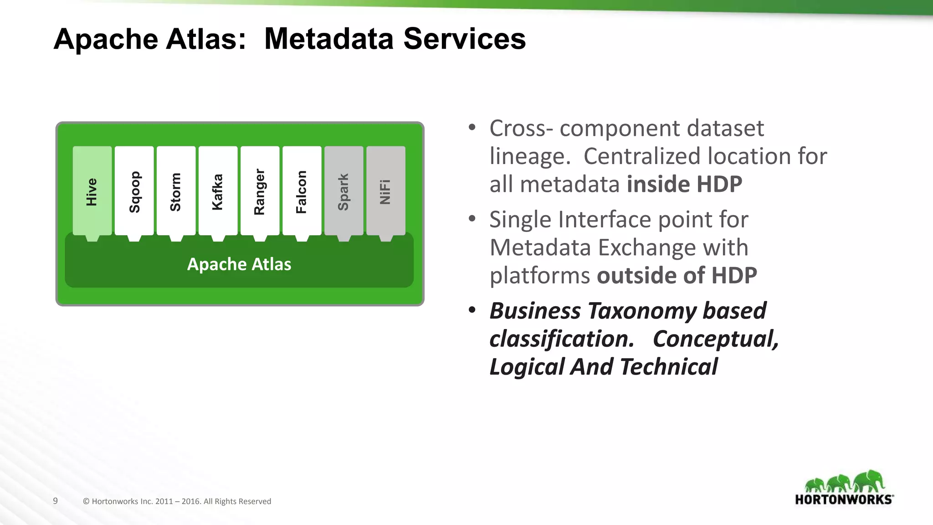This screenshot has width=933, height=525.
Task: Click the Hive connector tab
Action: pyautogui.click(x=92, y=191)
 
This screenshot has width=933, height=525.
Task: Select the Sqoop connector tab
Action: pyautogui.click(x=134, y=191)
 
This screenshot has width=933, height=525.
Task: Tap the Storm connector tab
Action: pyautogui.click(x=176, y=191)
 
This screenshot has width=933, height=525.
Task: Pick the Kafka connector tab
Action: pyautogui.click(x=218, y=191)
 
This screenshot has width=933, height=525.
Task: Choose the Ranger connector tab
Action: pyautogui.click(x=260, y=191)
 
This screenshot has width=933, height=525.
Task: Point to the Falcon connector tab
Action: pyautogui.click(x=302, y=191)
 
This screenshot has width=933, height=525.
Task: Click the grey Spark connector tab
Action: pyautogui.click(x=343, y=191)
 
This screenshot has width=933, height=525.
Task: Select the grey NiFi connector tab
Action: pyautogui.click(x=385, y=191)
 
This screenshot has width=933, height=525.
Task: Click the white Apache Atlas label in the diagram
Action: pyautogui.click(x=239, y=264)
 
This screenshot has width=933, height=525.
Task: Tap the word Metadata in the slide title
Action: pyautogui.click(x=328, y=39)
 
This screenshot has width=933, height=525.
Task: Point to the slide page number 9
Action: pyautogui.click(x=55, y=501)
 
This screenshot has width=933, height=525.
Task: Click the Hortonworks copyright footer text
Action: pyautogui.click(x=177, y=501)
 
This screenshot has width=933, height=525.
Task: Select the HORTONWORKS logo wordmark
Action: pyautogui.click(x=843, y=499)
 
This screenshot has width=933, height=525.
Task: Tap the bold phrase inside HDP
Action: pyautogui.click(x=684, y=184)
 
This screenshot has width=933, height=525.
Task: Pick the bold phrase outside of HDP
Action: pyautogui.click(x=677, y=275)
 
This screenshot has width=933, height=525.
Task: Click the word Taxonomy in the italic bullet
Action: pyautogui.click(x=642, y=311)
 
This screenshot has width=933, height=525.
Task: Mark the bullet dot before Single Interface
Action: pyautogui.click(x=472, y=219)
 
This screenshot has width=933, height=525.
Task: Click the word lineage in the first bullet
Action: pyautogui.click(x=529, y=156)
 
